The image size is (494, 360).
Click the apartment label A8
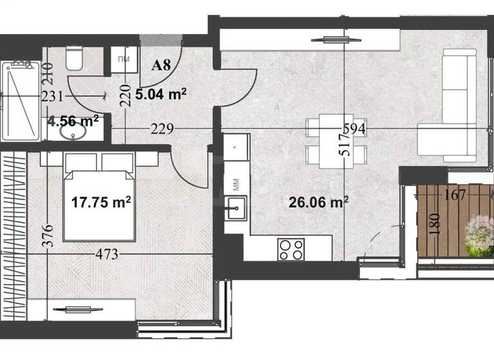tap(161, 65)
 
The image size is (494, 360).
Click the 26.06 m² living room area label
tap(318, 203)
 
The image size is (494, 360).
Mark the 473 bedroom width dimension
tap(107, 255)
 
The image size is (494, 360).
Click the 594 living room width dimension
tap(354, 129)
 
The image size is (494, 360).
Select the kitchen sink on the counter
tap(235, 207)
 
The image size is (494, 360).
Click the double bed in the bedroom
tap(99, 196)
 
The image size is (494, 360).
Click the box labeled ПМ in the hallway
tap(123, 59)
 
